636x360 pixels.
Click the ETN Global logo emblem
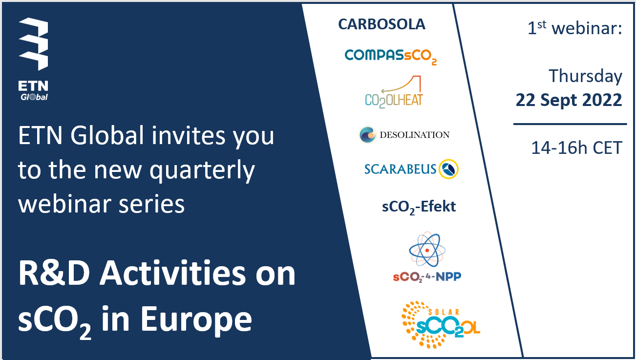pos(34,44)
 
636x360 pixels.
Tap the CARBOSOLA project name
pos(382,24)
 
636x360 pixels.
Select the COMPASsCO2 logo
pos(391,57)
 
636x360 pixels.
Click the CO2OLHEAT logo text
pos(394,101)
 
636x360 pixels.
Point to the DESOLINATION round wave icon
pos(367,135)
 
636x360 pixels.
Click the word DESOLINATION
pos(415,135)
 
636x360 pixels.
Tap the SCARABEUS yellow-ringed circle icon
pos(448,169)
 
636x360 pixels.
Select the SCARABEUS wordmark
pos(400,169)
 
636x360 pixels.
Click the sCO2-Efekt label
pos(419,207)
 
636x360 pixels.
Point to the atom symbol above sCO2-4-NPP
pos(427,250)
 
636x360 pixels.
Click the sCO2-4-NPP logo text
pos(427,277)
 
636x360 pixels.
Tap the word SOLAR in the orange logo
pos(444,312)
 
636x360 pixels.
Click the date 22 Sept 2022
pos(569,100)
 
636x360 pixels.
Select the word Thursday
pos(586,77)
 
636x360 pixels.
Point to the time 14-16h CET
pos(577,148)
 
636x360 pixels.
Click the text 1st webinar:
pos(575,28)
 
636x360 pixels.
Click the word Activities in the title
pos(172,273)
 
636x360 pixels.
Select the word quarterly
pos(202,171)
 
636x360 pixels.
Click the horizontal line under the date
pos(570,124)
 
